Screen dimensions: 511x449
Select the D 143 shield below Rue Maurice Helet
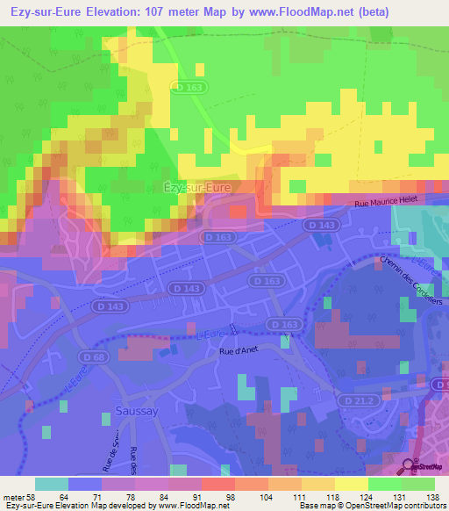click(x=319, y=226)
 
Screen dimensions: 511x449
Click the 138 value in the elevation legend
click(x=432, y=496)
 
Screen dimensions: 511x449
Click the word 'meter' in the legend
click(x=12, y=496)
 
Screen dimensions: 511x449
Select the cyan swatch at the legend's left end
click(x=52, y=484)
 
